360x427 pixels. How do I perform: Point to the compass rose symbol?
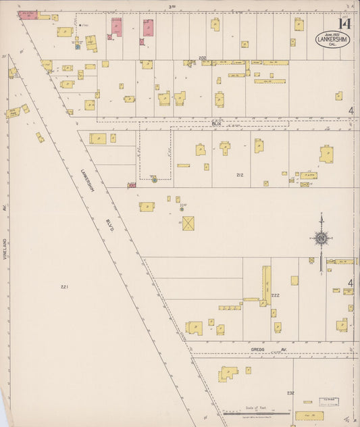pos(322,237)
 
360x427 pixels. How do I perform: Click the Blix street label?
pos(216,124)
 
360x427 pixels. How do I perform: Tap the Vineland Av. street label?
pos(5,249)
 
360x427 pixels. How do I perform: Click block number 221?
pos(64,287)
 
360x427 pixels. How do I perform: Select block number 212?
pos(239,175)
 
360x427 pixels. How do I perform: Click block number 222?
pos(276,295)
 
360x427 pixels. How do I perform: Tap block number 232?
pos(290,393)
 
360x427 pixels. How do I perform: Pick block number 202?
pos(202,58)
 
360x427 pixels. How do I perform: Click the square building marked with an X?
pos(188,222)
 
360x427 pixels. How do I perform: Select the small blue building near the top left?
pos(78,47)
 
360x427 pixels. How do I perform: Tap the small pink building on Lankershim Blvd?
pos(131,184)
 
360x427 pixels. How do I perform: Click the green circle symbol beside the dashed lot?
pos(154,180)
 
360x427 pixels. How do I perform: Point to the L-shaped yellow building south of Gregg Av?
pos(228,372)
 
